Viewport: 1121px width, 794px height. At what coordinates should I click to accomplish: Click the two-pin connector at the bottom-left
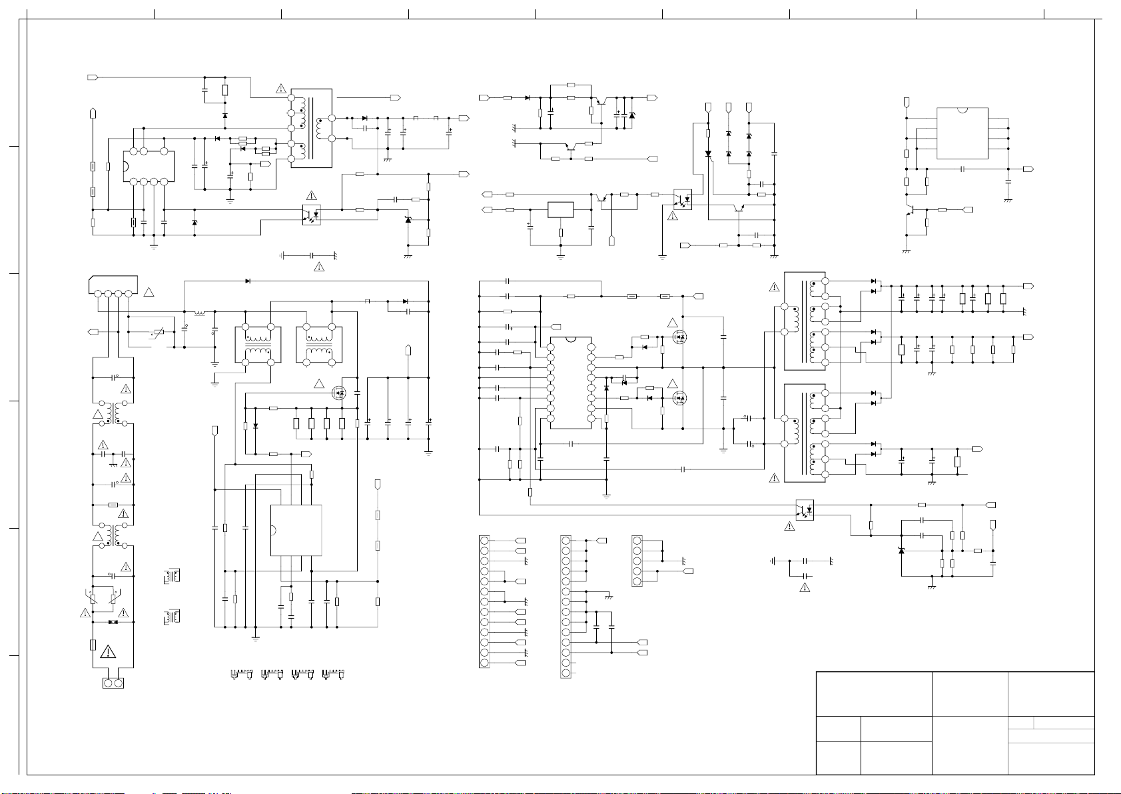coord(113,683)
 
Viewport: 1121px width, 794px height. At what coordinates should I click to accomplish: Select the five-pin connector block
coord(637,561)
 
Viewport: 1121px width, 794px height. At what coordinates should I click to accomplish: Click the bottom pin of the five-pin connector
coord(637,582)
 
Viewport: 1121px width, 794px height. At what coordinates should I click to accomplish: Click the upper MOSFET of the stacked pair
coord(679,337)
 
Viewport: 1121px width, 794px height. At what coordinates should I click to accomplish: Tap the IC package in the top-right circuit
coord(962,133)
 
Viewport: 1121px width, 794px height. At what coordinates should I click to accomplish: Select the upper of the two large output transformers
coord(807,321)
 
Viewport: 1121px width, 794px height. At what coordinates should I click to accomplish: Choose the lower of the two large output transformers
coord(807,433)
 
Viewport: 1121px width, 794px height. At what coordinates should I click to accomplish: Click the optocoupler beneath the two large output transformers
coord(805,510)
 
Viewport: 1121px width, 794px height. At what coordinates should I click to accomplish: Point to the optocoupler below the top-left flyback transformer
coord(312,215)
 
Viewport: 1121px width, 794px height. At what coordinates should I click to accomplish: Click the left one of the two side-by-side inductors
coord(258,345)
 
